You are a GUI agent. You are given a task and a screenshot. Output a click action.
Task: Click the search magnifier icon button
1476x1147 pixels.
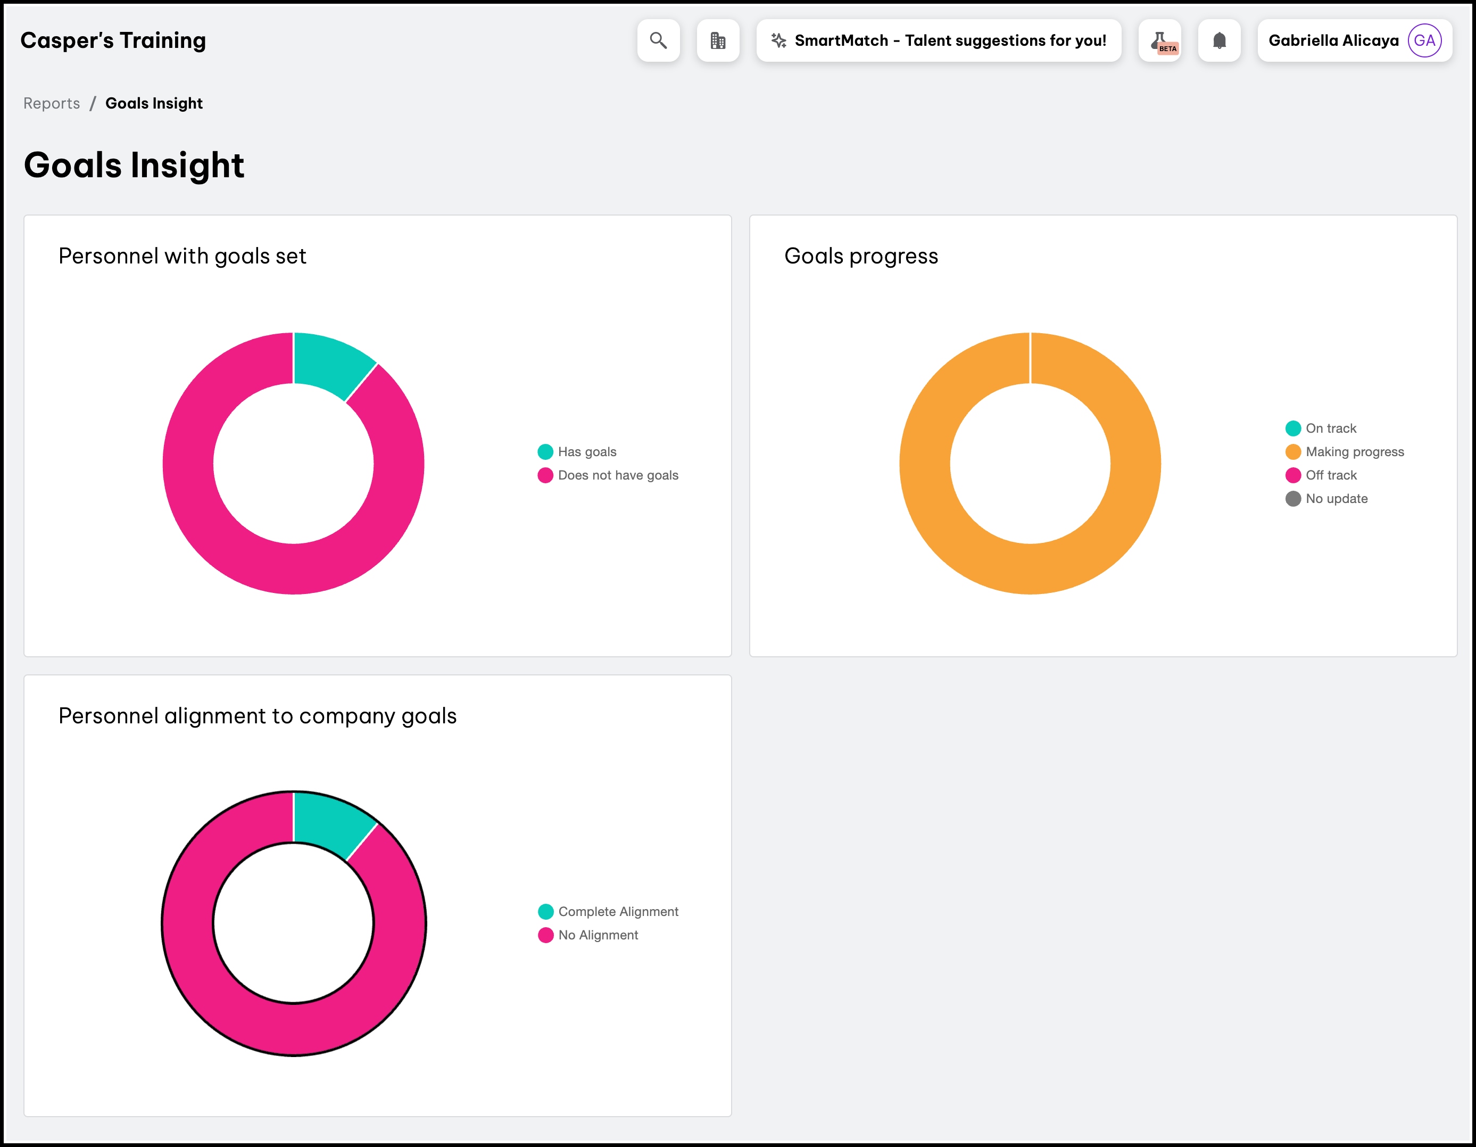[658, 40]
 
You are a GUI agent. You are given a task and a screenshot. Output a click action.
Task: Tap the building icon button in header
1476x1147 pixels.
[718, 40]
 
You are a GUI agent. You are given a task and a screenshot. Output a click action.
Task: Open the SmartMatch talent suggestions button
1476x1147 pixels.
[939, 40]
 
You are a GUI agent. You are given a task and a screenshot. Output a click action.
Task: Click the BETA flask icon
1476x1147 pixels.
[1160, 40]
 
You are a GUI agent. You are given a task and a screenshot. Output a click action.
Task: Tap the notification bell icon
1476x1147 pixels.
[1219, 40]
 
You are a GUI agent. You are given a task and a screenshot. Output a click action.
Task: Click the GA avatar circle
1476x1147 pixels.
[1424, 40]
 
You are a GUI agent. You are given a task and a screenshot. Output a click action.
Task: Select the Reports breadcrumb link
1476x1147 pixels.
[52, 103]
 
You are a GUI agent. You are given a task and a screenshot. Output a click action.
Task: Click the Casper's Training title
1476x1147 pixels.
[113, 40]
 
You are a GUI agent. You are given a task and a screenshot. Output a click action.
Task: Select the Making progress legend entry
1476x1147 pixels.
[1354, 451]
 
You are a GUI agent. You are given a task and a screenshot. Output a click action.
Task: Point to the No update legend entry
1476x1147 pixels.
[1336, 499]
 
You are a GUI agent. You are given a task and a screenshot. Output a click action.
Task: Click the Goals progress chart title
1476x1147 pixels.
[861, 256]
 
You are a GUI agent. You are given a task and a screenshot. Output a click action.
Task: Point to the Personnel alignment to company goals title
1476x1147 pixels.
[258, 716]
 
